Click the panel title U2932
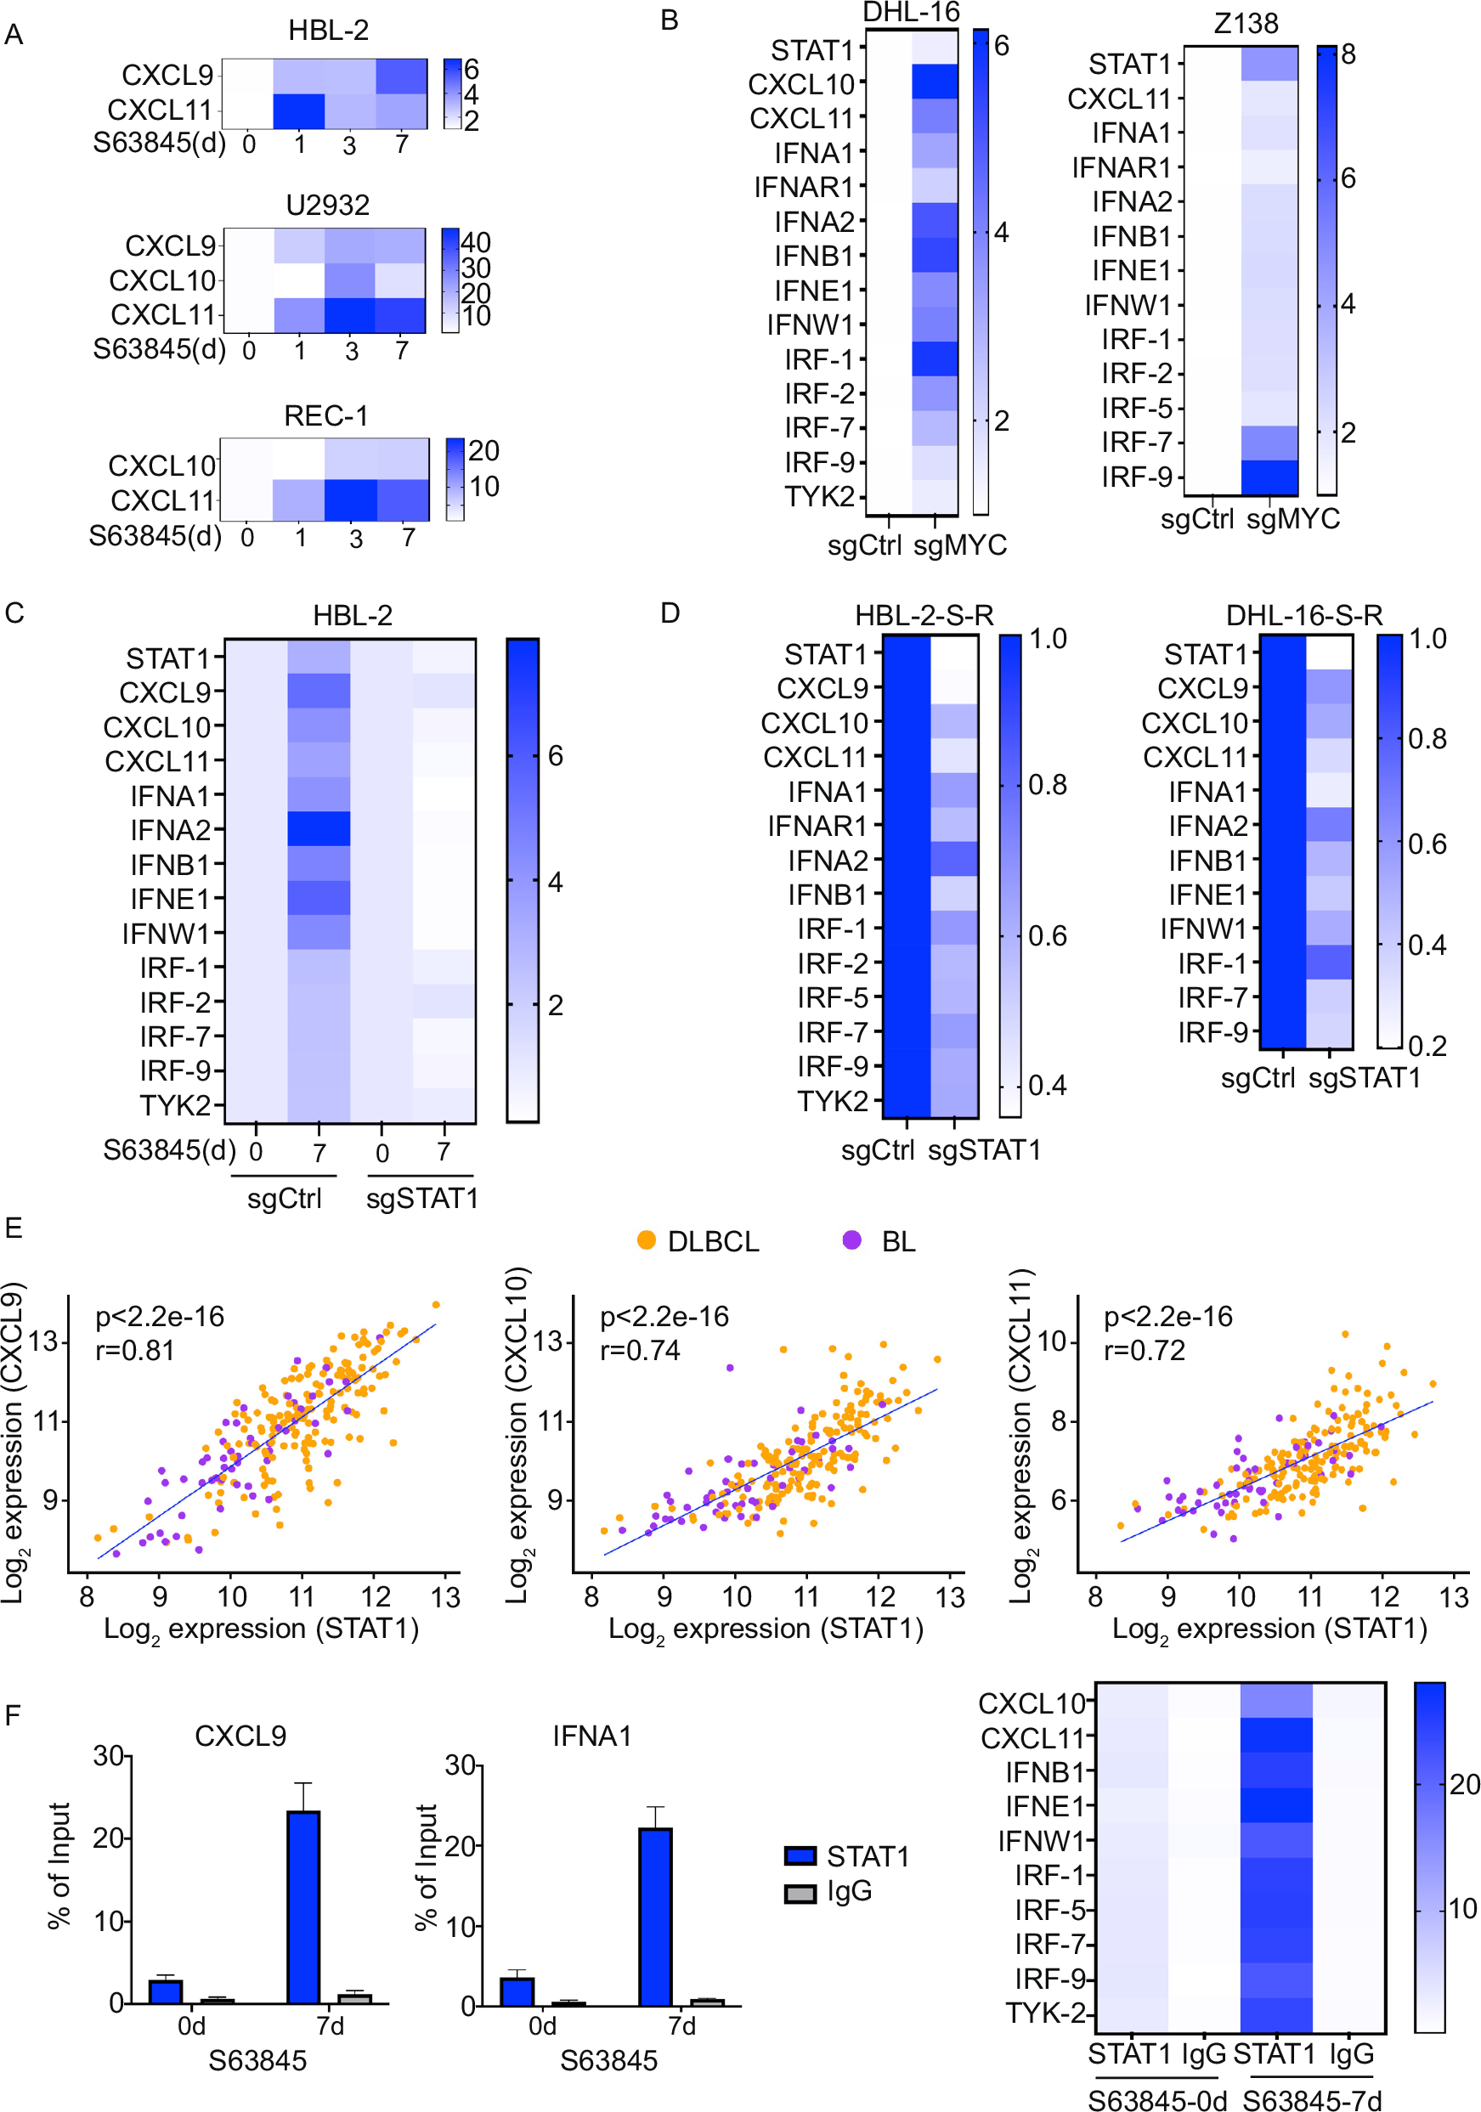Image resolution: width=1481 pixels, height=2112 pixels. click(x=327, y=204)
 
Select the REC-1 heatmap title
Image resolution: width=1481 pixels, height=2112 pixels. click(x=325, y=415)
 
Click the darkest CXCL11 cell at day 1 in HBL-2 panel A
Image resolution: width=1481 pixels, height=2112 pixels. click(x=299, y=110)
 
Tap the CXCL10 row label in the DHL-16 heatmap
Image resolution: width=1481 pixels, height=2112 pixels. click(x=801, y=85)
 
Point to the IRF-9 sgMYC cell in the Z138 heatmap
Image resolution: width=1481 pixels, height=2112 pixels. click(x=1269, y=477)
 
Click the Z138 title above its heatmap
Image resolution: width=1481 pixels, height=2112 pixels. click(x=1246, y=24)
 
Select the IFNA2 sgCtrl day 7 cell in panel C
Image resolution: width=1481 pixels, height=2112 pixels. click(x=319, y=829)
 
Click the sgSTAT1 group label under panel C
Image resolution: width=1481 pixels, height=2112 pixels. click(x=422, y=1198)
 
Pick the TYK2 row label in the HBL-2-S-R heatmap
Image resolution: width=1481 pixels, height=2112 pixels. click(x=832, y=1100)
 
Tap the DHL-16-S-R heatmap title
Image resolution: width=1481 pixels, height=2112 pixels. click(x=1303, y=614)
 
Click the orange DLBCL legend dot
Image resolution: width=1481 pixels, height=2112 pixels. click(x=646, y=1240)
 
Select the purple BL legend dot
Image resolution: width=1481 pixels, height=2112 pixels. click(x=851, y=1240)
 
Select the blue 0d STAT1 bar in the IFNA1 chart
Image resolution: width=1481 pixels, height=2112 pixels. click(x=517, y=1991)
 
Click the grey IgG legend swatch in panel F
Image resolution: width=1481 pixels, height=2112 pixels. click(x=800, y=1893)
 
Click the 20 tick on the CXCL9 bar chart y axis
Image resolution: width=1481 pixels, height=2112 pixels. click(x=110, y=1838)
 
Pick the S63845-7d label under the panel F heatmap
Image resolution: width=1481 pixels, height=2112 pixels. click(x=1311, y=2100)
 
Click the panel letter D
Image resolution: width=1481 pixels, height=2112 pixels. click(x=670, y=613)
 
